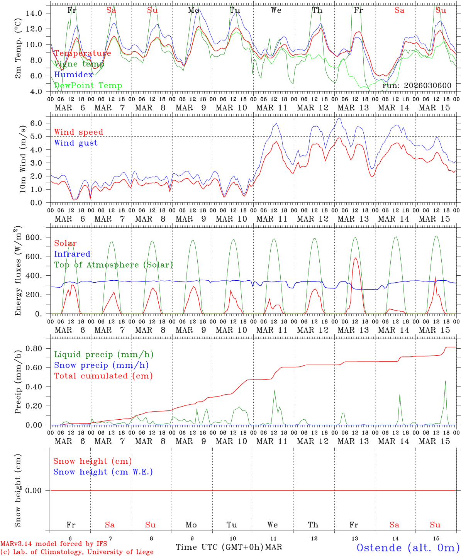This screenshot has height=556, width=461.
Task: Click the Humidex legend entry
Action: click(x=73, y=75)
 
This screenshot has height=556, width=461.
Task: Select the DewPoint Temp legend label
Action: click(x=88, y=86)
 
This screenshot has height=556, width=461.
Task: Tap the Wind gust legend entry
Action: click(x=76, y=143)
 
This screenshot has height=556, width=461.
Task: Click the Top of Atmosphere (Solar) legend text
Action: click(x=113, y=265)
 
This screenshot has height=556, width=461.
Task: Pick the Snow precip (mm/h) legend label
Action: click(x=101, y=365)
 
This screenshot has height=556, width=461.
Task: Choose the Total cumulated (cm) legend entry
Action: click(x=103, y=376)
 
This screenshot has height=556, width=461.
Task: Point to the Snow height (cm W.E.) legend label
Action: click(x=103, y=472)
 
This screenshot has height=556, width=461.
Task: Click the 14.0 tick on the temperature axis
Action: click(x=34, y=13)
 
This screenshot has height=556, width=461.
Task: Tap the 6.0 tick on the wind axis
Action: click(x=36, y=123)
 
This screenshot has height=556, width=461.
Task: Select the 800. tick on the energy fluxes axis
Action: click(x=34, y=237)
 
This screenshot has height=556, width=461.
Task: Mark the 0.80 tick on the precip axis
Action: click(x=34, y=349)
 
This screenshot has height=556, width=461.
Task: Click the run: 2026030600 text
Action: click(x=417, y=86)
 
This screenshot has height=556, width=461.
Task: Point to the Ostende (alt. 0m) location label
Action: click(x=408, y=548)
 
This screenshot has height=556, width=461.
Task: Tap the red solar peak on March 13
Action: click(x=355, y=258)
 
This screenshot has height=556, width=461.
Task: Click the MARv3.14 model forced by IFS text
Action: click(x=54, y=544)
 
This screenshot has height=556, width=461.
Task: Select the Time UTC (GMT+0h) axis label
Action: click(x=220, y=547)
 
